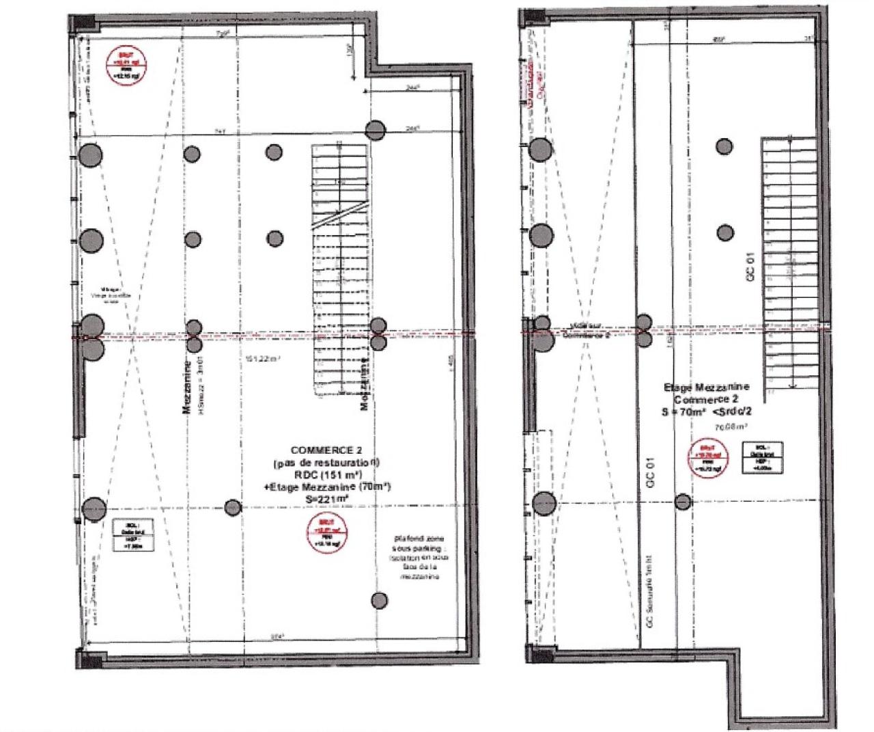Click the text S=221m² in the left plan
(x=328, y=500)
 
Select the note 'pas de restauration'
(x=327, y=463)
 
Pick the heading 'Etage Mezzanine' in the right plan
(x=706, y=388)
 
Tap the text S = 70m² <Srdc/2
(x=707, y=411)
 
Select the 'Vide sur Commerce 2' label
(x=584, y=331)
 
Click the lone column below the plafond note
(x=380, y=600)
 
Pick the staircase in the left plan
(x=340, y=267)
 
